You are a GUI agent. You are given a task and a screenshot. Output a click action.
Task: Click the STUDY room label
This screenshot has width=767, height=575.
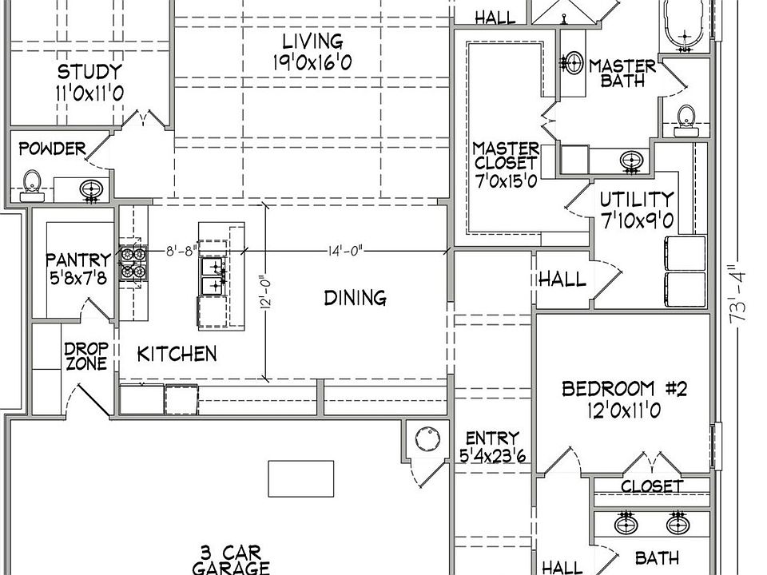pos(89,72)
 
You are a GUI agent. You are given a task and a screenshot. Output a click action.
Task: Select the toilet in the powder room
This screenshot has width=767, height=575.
pos(32,186)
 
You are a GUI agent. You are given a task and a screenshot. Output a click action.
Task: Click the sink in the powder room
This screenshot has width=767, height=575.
pos(91,190)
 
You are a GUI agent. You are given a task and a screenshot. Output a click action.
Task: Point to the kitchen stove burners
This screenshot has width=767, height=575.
pos(133,263)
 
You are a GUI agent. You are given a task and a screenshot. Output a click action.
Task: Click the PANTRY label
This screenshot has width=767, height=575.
pos(78,259)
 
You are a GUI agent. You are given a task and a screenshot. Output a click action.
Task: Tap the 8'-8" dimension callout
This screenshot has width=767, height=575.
pos(181,251)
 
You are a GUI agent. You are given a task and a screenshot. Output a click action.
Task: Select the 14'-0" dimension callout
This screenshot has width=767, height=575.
pos(345,251)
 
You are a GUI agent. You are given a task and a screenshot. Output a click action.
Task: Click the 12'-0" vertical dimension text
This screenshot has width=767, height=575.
pos(266,294)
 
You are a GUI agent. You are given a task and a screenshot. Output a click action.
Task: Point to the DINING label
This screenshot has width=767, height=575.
pos(355,298)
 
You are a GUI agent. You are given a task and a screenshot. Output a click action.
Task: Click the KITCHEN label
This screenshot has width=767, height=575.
pos(177,354)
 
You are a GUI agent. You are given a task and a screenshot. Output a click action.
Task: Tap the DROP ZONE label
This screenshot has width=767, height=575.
pos(86,356)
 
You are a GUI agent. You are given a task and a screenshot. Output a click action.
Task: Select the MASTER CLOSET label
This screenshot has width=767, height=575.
pos(506,156)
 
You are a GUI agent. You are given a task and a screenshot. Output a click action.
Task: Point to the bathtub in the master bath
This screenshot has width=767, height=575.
pos(685,26)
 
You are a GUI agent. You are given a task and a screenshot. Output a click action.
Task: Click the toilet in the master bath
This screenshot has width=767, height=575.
pos(686,121)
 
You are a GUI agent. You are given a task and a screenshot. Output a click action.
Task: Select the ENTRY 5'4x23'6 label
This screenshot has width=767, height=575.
pos(493,446)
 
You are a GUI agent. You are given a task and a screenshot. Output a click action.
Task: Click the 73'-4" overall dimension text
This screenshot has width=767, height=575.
pos(737,293)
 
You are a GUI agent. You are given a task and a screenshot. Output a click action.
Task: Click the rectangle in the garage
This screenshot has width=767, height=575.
pos(301,478)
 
